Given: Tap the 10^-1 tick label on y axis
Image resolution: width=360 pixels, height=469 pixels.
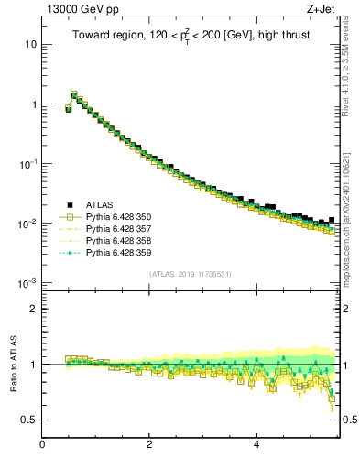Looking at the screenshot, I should [28, 163].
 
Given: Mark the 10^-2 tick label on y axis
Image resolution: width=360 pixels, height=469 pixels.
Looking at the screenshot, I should [28, 223].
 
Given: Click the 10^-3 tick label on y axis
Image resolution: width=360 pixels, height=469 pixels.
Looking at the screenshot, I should [28, 282].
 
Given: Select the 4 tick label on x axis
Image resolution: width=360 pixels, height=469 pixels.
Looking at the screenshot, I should [256, 445].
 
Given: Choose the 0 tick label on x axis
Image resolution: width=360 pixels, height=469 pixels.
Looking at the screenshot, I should [42, 445].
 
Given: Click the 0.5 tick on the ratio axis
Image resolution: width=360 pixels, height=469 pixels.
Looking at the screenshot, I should [29, 420].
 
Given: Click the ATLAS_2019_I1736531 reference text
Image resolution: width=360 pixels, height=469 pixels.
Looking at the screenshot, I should [191, 274].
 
